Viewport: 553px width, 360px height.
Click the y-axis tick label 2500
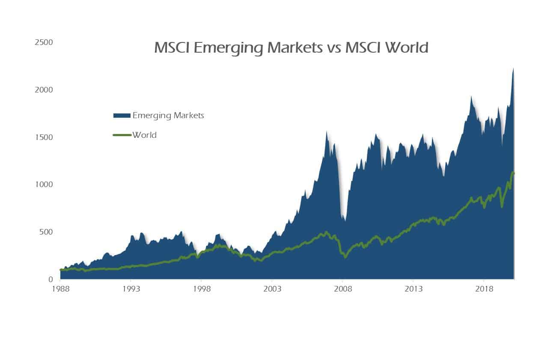[44, 42]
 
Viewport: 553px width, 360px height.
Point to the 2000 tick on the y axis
[44, 90]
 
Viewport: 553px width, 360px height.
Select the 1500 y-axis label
[44, 137]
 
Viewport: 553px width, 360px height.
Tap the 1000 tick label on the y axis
[44, 184]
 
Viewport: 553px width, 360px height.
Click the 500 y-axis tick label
[46, 232]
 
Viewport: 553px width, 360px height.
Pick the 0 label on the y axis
[50, 280]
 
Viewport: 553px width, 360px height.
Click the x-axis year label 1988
[60, 289]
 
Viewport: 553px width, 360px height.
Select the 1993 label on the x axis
[131, 289]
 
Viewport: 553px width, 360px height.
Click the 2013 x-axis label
[413, 289]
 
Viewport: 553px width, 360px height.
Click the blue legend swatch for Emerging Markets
[122, 116]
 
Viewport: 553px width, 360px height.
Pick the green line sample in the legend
[122, 135]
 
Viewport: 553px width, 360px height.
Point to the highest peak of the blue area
[513, 68]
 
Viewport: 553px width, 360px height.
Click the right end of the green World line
[514, 173]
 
